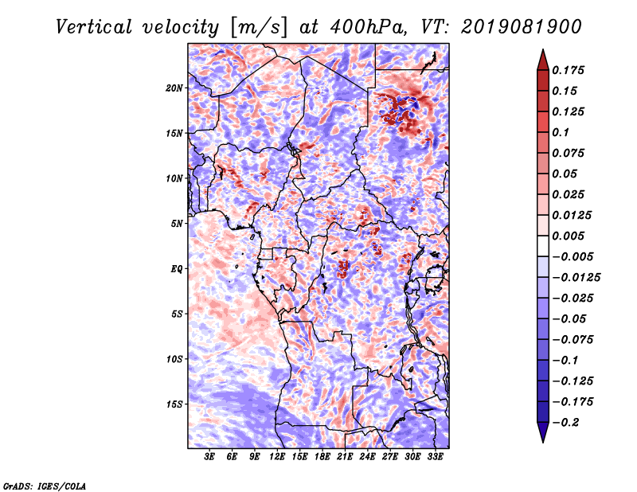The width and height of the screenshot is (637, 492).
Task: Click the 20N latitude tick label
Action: click(174, 88)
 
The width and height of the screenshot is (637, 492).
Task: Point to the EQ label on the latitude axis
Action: click(176, 269)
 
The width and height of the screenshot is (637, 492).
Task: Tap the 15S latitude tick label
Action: click(174, 404)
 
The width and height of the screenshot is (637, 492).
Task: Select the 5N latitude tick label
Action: click(176, 224)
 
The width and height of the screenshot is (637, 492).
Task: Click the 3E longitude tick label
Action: click(209, 457)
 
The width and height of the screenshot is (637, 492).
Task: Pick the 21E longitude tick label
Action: click(345, 457)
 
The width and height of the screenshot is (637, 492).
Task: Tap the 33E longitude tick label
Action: click(435, 457)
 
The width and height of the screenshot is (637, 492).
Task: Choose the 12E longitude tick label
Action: click(277, 457)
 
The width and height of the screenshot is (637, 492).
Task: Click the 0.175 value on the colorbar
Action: click(568, 70)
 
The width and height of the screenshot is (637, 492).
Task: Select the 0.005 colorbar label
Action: click(568, 236)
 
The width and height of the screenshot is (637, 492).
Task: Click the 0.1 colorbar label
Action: click(561, 132)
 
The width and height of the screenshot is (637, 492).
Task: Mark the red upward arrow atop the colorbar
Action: click(543, 60)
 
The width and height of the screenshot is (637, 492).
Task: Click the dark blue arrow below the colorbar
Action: click(543, 432)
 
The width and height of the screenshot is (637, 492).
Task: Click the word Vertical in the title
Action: click(94, 27)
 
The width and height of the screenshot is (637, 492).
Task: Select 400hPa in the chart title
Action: click(369, 27)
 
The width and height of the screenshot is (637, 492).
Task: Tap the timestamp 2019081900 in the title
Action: click(522, 27)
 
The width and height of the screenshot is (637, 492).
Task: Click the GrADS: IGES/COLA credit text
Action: click(45, 486)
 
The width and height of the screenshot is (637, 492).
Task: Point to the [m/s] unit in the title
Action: click(259, 28)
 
